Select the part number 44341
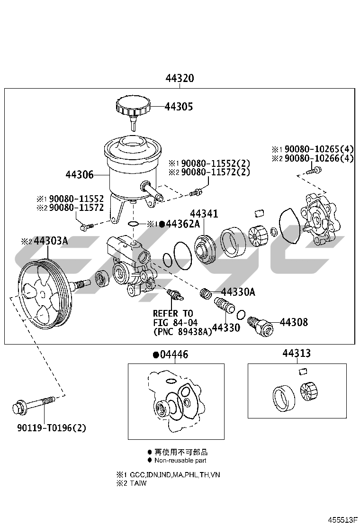coord(204,214)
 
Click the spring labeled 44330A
coord(205,294)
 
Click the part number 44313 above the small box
coord(297,354)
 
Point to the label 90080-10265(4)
coord(316,149)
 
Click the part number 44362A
coord(183,224)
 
